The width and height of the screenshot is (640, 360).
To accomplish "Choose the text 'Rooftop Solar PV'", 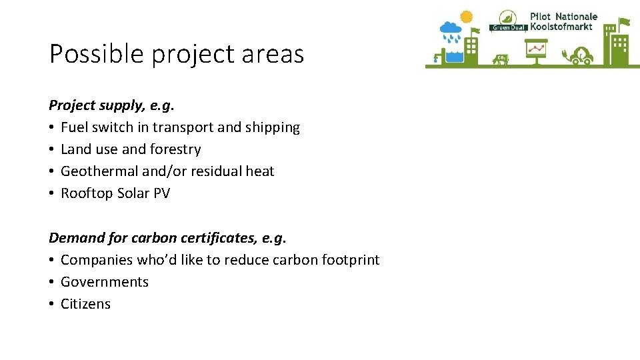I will pyautogui.click(x=115, y=193).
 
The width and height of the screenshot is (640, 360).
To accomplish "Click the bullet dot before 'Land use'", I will pyautogui.click(x=52, y=149).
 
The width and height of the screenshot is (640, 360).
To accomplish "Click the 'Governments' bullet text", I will pyautogui.click(x=105, y=282).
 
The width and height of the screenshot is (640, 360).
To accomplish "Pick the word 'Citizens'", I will pyautogui.click(x=85, y=304).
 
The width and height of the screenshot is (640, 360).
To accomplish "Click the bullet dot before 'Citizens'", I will pyautogui.click(x=52, y=304).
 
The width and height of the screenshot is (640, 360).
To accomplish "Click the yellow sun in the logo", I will pyautogui.click(x=466, y=16).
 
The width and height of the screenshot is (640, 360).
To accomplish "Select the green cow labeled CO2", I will pyautogui.click(x=501, y=59).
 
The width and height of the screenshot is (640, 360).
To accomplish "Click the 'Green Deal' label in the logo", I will pyautogui.click(x=508, y=27).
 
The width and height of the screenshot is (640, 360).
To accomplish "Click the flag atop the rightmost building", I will pyautogui.click(x=624, y=22).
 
